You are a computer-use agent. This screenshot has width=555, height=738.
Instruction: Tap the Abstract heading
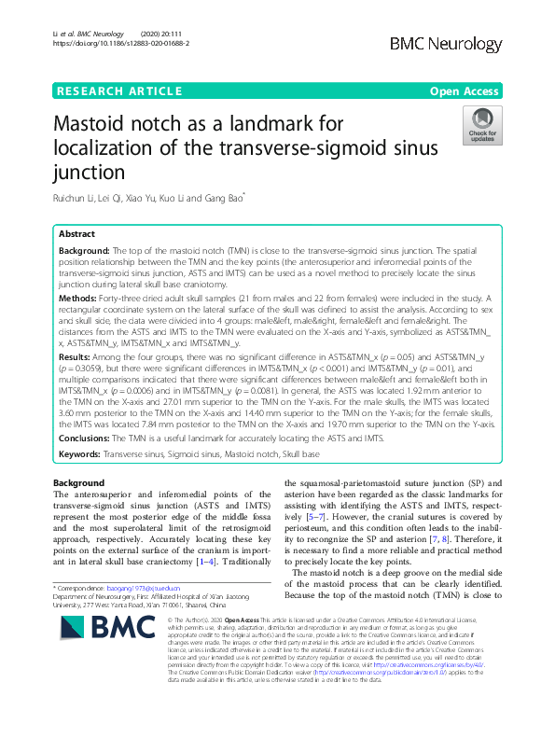[x=76, y=234]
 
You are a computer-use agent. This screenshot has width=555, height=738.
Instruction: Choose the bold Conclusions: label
[x=90, y=439]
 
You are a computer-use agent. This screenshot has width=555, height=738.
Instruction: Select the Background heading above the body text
[x=79, y=482]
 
